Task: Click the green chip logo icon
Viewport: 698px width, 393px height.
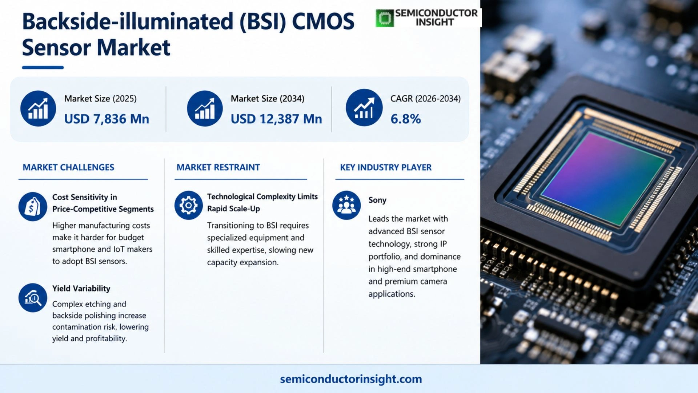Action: pos(385,18)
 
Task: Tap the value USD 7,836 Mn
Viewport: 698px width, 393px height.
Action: pos(107,119)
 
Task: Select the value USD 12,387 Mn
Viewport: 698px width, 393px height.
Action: pos(276,119)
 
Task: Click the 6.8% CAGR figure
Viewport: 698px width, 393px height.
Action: pos(406,119)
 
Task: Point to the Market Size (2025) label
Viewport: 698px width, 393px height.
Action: pos(100,99)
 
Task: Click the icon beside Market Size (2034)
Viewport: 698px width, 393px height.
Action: pos(205,108)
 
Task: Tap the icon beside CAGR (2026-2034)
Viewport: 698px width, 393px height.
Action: pos(364,108)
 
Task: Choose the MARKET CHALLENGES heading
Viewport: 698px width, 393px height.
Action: pos(68,167)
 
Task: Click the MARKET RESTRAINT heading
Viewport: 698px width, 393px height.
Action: pos(218,167)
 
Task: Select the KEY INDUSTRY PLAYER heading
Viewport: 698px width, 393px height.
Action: pos(386,167)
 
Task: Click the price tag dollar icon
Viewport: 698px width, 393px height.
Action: pos(33,207)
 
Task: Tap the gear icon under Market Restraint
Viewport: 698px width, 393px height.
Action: pos(188,205)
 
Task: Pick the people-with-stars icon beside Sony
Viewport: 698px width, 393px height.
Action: pos(346,205)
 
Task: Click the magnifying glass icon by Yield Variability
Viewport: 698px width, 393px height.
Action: pos(33,298)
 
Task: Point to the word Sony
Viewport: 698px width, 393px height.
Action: pos(377,200)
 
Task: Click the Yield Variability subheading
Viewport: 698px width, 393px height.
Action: pos(81,289)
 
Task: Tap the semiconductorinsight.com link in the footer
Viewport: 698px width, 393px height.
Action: pos(351,379)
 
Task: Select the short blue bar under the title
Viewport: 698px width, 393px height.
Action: pos(43,67)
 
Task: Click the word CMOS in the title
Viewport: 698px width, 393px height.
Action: pos(323,21)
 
